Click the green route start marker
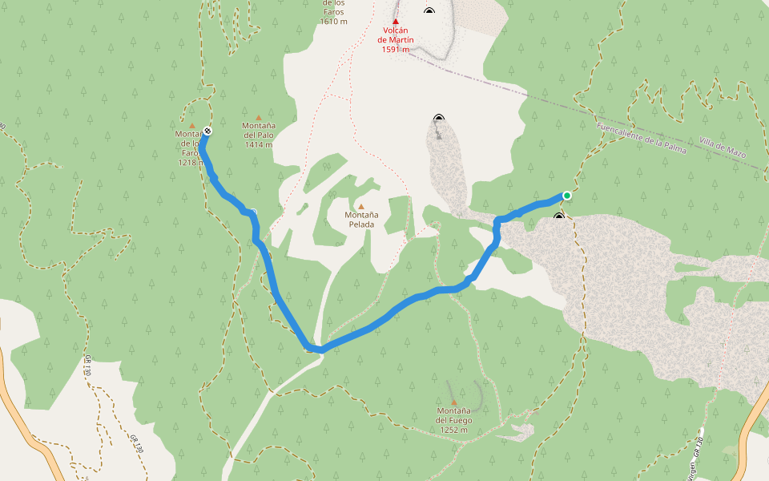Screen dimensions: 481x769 (567, 196)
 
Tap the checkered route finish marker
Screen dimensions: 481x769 (207, 131)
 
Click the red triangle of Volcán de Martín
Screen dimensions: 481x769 (396, 22)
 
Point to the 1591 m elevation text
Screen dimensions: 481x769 (396, 50)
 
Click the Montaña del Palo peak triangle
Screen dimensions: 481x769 (259, 117)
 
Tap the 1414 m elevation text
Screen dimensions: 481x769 (259, 145)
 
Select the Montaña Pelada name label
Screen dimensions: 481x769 (361, 220)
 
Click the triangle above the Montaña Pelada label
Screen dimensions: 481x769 (361, 206)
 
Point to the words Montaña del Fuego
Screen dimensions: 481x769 (453, 416)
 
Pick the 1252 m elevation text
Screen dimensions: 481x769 (453, 430)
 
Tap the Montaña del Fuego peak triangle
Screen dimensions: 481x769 (453, 402)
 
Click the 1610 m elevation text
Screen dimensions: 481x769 (333, 22)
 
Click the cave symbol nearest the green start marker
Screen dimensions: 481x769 (559, 216)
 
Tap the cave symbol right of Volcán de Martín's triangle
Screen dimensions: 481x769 (429, 11)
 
